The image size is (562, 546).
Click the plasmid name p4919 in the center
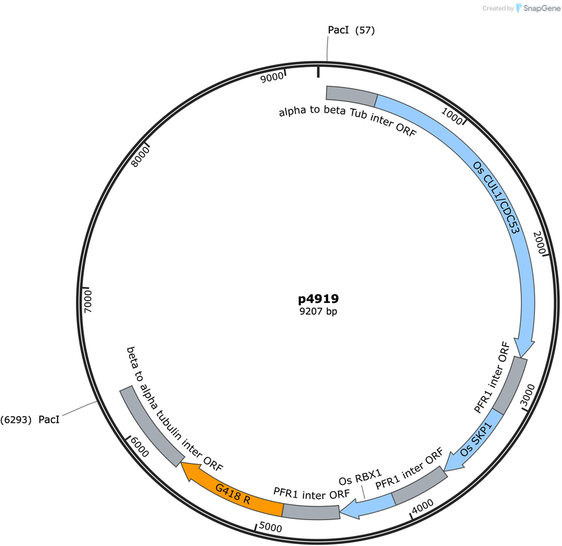click(x=318, y=299)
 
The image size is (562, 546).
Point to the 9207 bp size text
click(x=318, y=311)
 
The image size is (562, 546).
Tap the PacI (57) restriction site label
click(x=351, y=30)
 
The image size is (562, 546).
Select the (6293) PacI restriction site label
click(x=30, y=419)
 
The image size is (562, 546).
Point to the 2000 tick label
click(x=539, y=243)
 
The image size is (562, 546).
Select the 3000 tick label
click(x=528, y=394)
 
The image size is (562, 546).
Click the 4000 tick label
click(x=423, y=507)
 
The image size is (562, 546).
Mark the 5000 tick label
click(x=270, y=527)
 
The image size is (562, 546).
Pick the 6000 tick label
click(x=139, y=447)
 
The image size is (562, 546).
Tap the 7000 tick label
click(x=87, y=301)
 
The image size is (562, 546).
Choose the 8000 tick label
click(x=140, y=157)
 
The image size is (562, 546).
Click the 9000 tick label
click(x=272, y=77)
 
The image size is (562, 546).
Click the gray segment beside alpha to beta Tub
click(x=351, y=95)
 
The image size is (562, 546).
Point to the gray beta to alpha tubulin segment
click(x=152, y=426)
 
